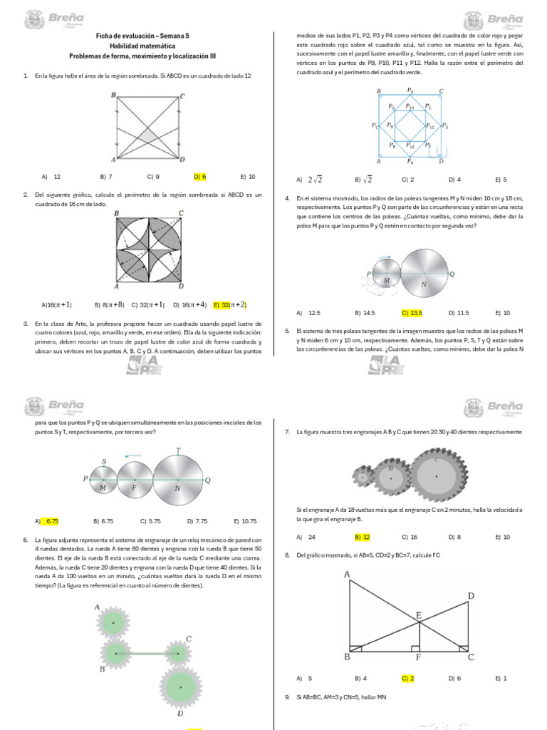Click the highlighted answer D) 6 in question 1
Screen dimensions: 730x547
tap(199, 176)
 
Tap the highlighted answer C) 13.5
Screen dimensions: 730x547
tap(412, 312)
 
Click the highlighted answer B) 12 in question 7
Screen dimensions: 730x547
tap(362, 537)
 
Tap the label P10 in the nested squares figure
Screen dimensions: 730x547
tap(410, 107)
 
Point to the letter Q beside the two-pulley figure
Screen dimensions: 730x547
tap(452, 274)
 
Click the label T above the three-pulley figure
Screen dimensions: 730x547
tap(178, 450)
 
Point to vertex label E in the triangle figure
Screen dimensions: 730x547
tap(419, 615)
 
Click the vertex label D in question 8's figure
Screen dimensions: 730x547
tap(471, 595)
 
